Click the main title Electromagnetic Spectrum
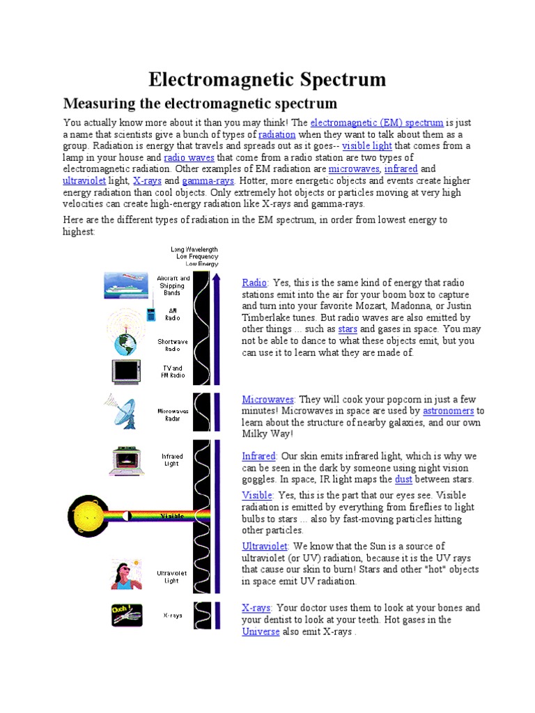[267, 79]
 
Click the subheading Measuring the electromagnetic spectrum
[200, 104]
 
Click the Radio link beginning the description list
[255, 283]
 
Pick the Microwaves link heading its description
[268, 399]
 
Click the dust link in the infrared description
[403, 479]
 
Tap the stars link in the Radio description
[348, 329]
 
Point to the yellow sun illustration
[88, 516]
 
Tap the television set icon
[127, 371]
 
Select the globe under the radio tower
[126, 343]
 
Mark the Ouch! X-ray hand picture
[127, 615]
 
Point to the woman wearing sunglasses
[126, 574]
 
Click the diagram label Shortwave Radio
[171, 345]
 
